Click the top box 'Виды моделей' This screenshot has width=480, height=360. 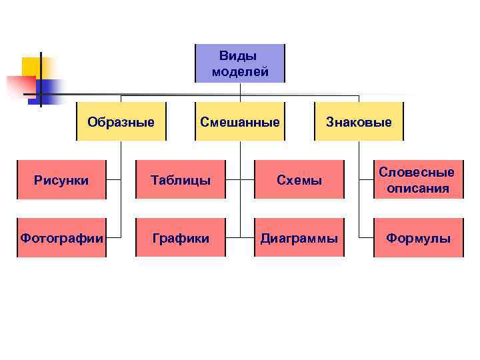coord(239,63)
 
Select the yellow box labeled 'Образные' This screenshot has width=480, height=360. coord(121,121)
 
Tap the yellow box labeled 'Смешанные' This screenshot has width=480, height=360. coord(239,121)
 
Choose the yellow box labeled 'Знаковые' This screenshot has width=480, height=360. coord(359,121)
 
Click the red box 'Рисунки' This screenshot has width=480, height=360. coord(61,180)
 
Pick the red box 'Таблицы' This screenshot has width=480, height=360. coord(180,180)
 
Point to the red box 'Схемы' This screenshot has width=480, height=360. coord(299,180)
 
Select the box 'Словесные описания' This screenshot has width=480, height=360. coord(418,180)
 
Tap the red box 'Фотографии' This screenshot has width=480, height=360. coord(61,238)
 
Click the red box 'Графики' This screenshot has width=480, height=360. coord(180,238)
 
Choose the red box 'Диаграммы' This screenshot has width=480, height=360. coord(299,238)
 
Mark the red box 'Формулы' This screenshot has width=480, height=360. coord(418,238)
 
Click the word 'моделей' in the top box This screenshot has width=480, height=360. coord(240,71)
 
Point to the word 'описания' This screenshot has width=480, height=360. coord(418,189)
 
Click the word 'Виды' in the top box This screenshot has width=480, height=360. coord(238,56)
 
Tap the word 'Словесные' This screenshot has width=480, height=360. coord(417,172)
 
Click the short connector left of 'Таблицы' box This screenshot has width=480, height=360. coord(128,180)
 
